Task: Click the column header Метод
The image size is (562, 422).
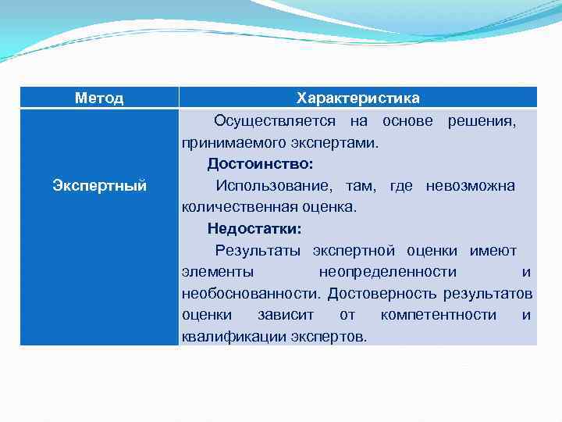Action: (99, 98)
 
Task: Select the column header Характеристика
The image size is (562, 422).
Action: (357, 98)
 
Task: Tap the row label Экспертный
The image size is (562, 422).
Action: (99, 186)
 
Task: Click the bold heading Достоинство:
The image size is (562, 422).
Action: (260, 164)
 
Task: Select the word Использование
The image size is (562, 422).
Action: (268, 186)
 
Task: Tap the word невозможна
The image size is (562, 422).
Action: (470, 186)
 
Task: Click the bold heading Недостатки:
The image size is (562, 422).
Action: (254, 229)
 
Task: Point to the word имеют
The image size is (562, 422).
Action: (493, 251)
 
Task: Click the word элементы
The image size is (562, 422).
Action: (217, 272)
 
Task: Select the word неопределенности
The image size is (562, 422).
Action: (387, 272)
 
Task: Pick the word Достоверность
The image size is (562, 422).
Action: (382, 294)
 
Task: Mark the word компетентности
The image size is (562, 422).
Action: (438, 315)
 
